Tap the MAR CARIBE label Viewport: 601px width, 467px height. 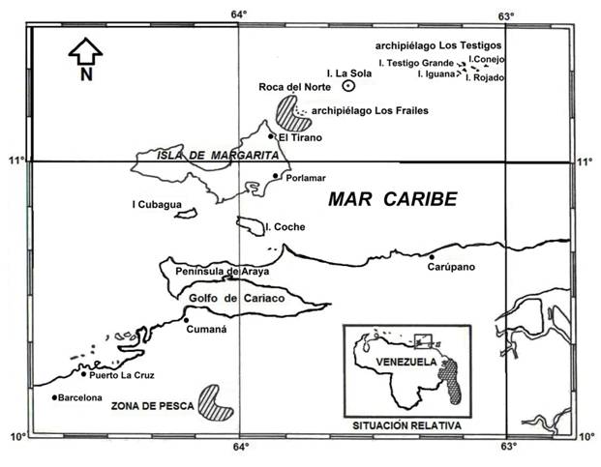(x=390, y=199)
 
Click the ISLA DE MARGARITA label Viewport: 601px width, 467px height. (x=206, y=156)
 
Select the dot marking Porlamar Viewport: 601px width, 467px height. (x=276, y=176)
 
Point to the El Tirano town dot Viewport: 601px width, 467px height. (x=272, y=136)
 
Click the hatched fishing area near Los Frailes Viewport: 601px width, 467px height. (x=287, y=112)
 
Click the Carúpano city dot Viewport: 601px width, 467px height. (x=432, y=256)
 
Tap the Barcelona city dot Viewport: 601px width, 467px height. (x=54, y=396)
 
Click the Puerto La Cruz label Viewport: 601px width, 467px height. (x=122, y=376)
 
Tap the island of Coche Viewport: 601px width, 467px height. (x=250, y=225)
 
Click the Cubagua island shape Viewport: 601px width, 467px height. (x=180, y=213)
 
